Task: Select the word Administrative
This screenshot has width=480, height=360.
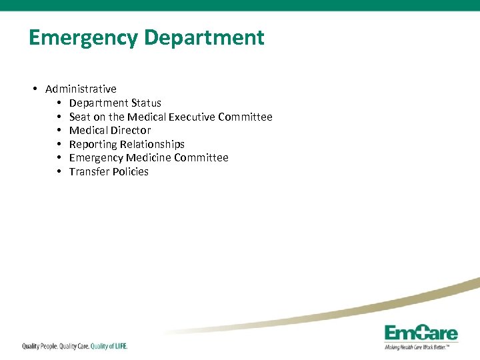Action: [81, 89]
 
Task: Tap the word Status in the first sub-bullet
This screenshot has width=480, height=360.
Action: [146, 103]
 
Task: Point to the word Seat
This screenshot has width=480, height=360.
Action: [80, 117]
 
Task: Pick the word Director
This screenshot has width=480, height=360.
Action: [131, 130]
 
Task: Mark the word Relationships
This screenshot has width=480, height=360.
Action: [152, 144]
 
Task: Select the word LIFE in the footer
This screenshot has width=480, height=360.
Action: [117, 346]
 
